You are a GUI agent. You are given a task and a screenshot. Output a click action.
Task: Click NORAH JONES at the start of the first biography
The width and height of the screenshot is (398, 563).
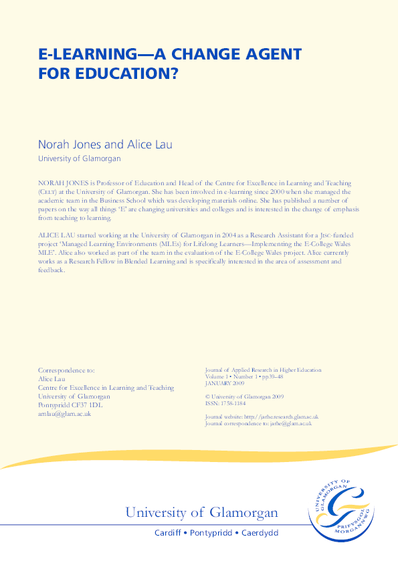pyautogui.click(x=61, y=183)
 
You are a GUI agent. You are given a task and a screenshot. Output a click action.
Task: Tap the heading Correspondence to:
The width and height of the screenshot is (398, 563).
pyautogui.click(x=66, y=370)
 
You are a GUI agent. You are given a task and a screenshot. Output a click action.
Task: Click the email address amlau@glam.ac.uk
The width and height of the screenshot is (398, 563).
pyautogui.click(x=64, y=413)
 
